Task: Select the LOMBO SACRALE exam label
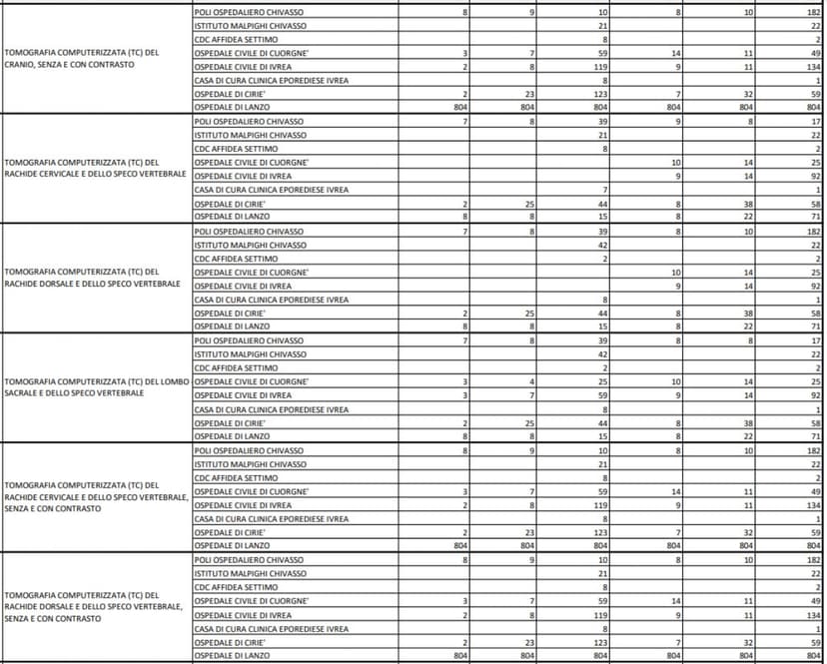96,387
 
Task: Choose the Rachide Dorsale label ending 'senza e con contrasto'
96,606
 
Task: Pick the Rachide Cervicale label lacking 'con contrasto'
96,167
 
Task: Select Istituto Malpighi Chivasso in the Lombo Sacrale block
250,354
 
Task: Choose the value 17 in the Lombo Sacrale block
815,340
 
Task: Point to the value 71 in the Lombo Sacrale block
815,436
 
